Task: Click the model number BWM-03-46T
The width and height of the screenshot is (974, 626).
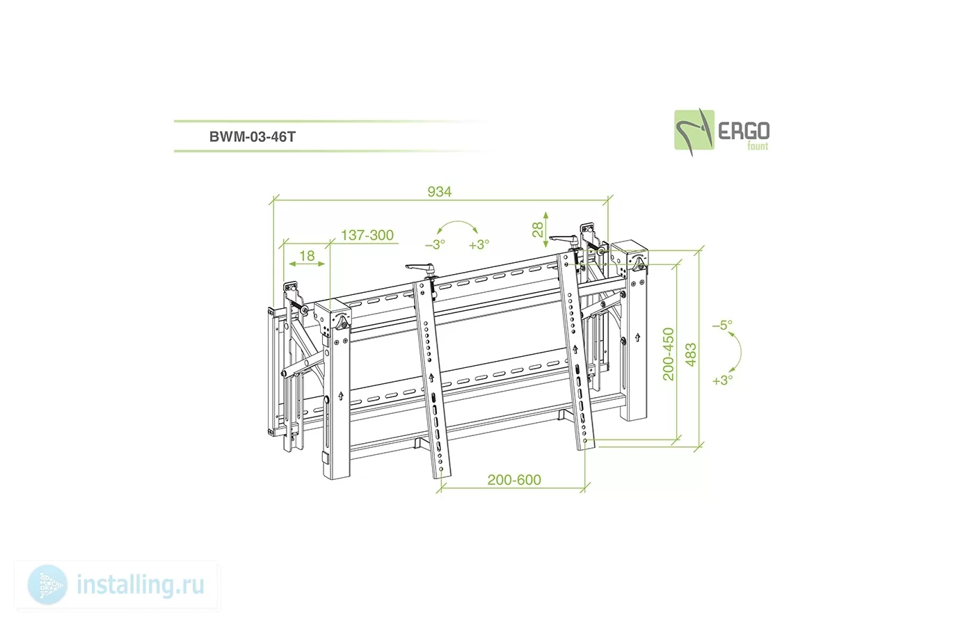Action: (252, 136)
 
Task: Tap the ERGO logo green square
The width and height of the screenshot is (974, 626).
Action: (694, 130)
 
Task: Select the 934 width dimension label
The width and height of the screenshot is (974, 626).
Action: (439, 192)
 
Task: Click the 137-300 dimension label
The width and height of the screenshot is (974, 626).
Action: (367, 235)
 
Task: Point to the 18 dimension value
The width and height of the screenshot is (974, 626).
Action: (307, 256)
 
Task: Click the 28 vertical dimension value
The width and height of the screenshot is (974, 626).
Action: (538, 229)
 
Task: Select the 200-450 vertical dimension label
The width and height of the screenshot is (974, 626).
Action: (669, 354)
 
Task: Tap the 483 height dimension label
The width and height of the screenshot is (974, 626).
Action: (690, 355)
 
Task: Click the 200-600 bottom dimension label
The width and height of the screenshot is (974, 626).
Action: (514, 479)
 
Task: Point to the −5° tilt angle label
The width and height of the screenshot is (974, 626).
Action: (722, 325)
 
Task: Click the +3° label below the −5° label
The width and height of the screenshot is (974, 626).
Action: (722, 380)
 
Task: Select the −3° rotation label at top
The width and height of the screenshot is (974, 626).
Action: (435, 244)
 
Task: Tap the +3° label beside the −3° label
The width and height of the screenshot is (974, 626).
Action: (479, 244)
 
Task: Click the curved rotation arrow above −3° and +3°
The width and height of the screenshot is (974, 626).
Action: (457, 221)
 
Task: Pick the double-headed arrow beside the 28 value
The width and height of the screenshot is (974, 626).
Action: (545, 230)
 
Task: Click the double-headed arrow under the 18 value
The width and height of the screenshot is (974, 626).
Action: (307, 264)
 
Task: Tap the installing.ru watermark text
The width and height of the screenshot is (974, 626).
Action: (141, 585)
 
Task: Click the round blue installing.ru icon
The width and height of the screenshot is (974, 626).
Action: (48, 585)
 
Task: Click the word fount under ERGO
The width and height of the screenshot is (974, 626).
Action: (758, 146)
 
